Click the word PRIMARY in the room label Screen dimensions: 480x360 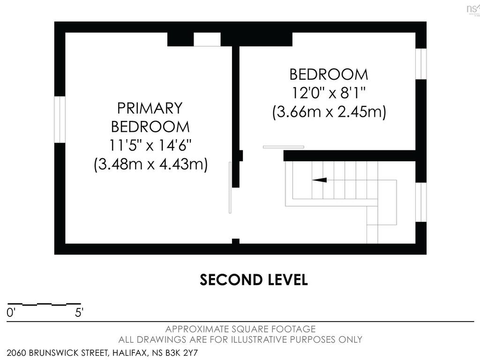pyautogui.click(x=150, y=108)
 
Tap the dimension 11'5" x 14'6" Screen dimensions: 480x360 pyautogui.click(x=150, y=145)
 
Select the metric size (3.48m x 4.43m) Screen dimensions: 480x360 pyautogui.click(x=150, y=164)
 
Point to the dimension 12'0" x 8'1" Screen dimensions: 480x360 pyautogui.click(x=329, y=93)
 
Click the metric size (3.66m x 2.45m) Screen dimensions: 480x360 pyautogui.click(x=329, y=112)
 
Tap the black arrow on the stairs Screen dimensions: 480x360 pyautogui.click(x=319, y=180)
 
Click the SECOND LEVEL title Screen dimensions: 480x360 pyautogui.click(x=254, y=280)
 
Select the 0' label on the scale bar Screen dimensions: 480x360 pyautogui.click(x=11, y=313)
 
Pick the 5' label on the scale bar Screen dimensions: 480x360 pyautogui.click(x=79, y=313)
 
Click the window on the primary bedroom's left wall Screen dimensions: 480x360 pyautogui.click(x=60, y=120)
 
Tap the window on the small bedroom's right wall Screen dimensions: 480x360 pyautogui.click(x=421, y=64)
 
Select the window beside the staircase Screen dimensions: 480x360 pyautogui.click(x=421, y=202)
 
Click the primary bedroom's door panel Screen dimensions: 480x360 pyautogui.click(x=230, y=187)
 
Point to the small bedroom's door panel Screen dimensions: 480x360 pyautogui.click(x=284, y=147)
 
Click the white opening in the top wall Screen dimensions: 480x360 pyautogui.click(x=207, y=39)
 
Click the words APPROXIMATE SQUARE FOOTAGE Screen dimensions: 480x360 pyautogui.click(x=240, y=329)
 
